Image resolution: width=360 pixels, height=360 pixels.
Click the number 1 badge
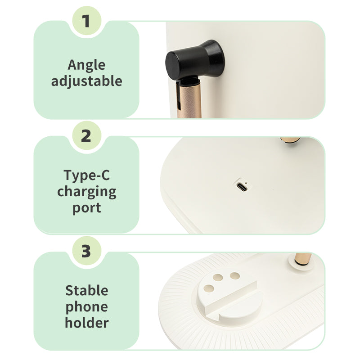coord(86,21)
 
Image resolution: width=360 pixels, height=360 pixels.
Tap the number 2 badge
coord(86,136)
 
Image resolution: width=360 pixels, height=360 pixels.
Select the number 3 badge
coord(86,251)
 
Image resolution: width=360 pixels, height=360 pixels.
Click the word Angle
coord(86,65)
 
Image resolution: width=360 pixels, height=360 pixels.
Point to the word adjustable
coord(86,81)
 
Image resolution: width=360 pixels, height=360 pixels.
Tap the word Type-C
coord(86,175)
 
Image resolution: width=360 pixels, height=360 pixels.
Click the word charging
coord(86,192)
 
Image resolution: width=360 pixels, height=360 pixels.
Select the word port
coord(86,208)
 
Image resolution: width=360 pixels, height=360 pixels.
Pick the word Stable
coord(86,290)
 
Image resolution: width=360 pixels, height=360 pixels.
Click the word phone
coord(86,307)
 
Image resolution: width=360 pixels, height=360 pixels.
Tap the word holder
coord(86,323)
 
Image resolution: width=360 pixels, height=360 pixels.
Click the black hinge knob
coord(195,59)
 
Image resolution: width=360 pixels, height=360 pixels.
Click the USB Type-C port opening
coord(242,187)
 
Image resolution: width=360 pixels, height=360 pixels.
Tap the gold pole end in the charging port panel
coord(290,140)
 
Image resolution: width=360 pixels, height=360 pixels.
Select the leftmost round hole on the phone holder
coord(209,288)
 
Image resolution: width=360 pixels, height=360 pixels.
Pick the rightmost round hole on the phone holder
coord(235,276)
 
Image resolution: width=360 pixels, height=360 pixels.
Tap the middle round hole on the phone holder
coord(218,278)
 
